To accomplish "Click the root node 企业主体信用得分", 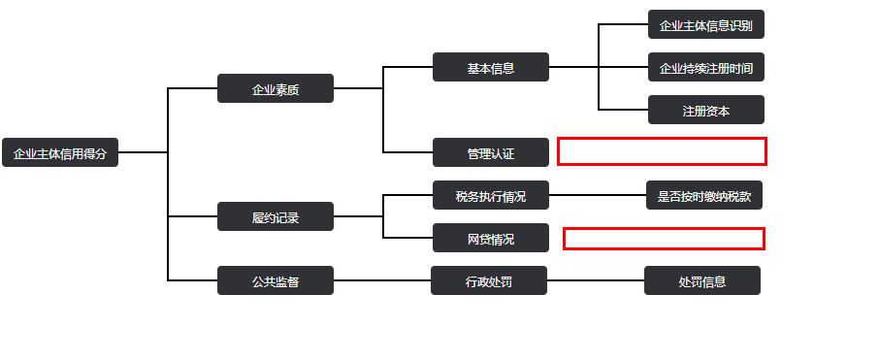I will click(60, 152).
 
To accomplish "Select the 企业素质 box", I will click(276, 88).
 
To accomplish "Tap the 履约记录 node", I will click(276, 216).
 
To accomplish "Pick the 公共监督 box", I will click(276, 280).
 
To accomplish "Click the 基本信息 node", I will click(491, 67).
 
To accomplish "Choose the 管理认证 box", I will click(491, 152).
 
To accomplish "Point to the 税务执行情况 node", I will click(491, 195).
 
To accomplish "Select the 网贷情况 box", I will click(491, 238).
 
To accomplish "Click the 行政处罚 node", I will click(489, 280).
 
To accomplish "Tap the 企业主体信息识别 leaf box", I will click(705, 24).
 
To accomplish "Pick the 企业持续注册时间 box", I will click(705, 67).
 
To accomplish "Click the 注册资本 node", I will click(705, 110).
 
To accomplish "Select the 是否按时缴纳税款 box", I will click(704, 195).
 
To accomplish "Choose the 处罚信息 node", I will click(702, 280).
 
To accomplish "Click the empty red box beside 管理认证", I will click(662, 151).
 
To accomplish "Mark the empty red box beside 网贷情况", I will click(664, 238).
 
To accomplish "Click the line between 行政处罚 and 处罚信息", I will click(596, 280).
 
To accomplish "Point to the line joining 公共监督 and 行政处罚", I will click(382, 280).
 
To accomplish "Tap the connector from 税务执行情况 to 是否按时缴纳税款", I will click(598, 195).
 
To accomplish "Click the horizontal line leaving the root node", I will click(143, 152).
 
